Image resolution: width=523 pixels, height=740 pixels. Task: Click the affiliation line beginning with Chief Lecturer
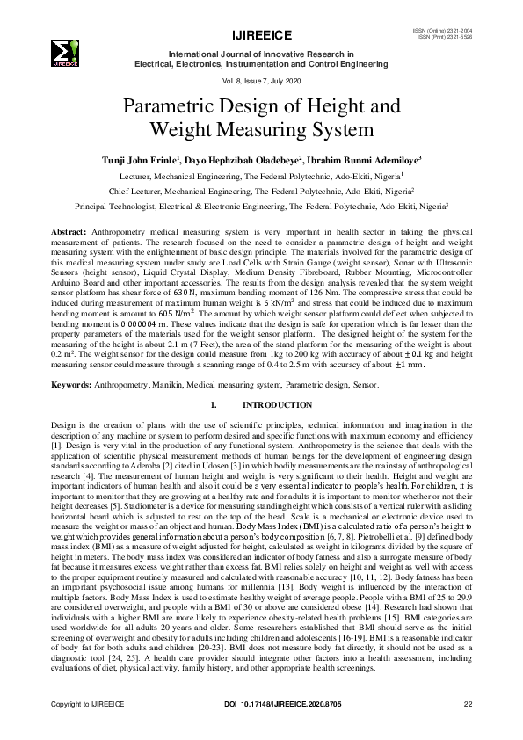pyautogui.click(x=261, y=190)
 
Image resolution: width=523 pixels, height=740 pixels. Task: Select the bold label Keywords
pyautogui.click(x=73, y=385)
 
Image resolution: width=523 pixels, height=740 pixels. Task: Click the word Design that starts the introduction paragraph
pyautogui.click(x=64, y=424)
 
